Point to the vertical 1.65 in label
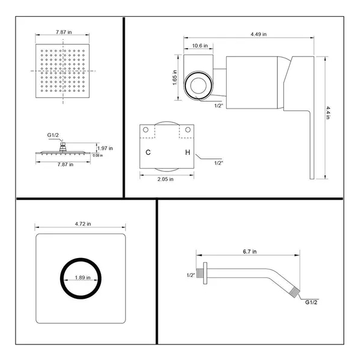(175, 76)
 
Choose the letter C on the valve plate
(148, 152)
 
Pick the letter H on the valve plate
(187, 152)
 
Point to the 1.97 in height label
(106, 148)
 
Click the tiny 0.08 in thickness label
(97, 155)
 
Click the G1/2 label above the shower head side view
(53, 137)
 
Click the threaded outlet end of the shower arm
(293, 292)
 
